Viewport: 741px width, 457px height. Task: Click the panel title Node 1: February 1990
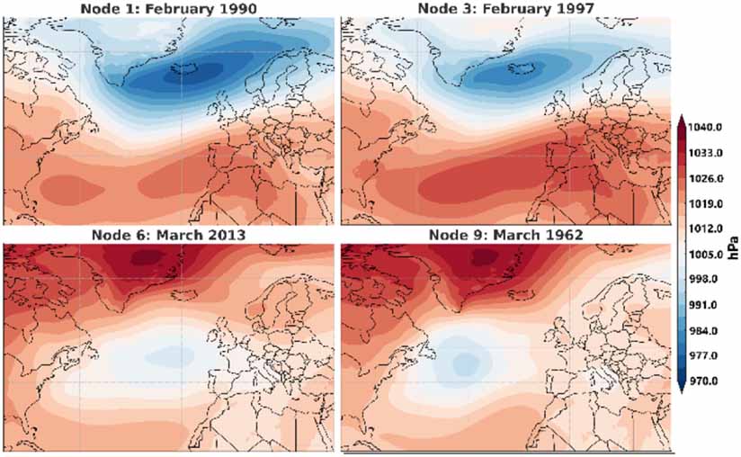point(170,9)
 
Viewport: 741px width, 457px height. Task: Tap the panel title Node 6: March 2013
point(170,235)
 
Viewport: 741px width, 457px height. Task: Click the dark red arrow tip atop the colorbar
point(681,121)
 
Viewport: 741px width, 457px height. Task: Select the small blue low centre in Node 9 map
point(464,363)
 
